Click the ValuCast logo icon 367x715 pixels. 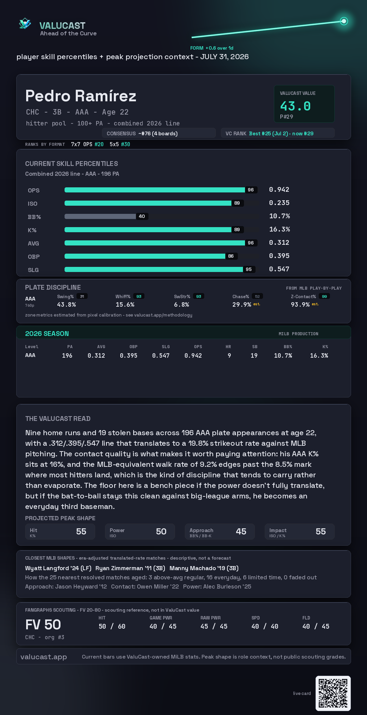tap(25, 23)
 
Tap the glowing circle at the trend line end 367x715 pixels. tap(344, 21)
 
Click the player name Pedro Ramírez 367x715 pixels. tap(81, 96)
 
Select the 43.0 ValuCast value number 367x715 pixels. tap(295, 106)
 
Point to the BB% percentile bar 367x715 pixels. tap(100, 216)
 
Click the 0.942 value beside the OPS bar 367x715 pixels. tap(279, 189)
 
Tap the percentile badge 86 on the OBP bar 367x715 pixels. tap(231, 256)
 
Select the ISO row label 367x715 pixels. tap(33, 204)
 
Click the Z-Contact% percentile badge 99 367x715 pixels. tap(325, 296)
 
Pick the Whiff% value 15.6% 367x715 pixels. tap(125, 305)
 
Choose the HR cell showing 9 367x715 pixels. tap(229, 356)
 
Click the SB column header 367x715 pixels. tap(255, 347)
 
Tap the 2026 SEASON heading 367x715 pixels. tap(47, 334)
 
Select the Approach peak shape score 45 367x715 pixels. tap(241, 531)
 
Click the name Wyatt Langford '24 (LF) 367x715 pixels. tap(58, 568)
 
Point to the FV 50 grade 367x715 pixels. tap(43, 625)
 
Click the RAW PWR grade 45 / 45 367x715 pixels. tap(214, 626)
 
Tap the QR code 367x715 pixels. tap(333, 693)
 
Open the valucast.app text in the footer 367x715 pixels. tap(43, 657)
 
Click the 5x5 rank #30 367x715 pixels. tap(126, 144)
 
